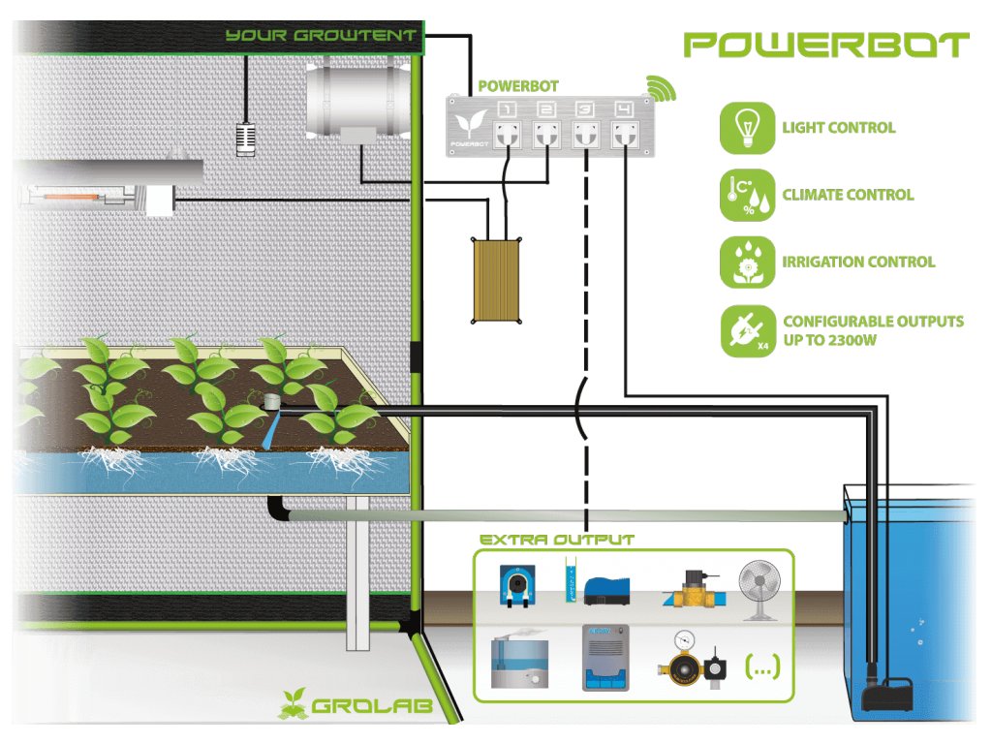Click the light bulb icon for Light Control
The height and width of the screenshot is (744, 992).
(x=747, y=127)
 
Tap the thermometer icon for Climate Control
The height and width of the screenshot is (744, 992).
(x=747, y=194)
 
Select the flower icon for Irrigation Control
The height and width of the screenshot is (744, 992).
(x=747, y=261)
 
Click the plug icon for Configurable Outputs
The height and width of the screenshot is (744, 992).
(x=747, y=330)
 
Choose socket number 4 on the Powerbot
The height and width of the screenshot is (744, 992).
(x=622, y=136)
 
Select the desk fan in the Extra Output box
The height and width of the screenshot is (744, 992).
(x=759, y=592)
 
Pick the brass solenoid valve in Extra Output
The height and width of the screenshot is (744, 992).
(x=692, y=587)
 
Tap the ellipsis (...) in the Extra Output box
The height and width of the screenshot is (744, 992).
(x=761, y=666)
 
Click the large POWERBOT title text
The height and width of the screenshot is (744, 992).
(x=825, y=45)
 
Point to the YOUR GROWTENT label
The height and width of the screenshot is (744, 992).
(x=321, y=37)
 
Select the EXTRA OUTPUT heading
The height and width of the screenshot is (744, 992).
(x=557, y=540)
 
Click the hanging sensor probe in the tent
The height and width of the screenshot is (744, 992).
(x=246, y=138)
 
